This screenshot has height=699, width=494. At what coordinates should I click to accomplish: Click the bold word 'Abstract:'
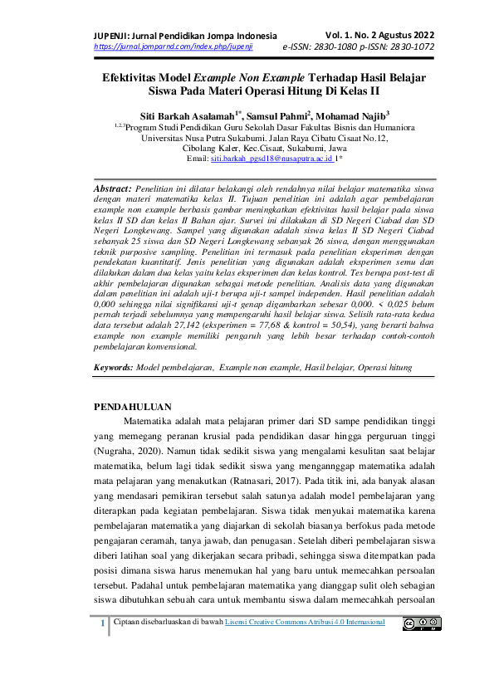coord(111,189)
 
